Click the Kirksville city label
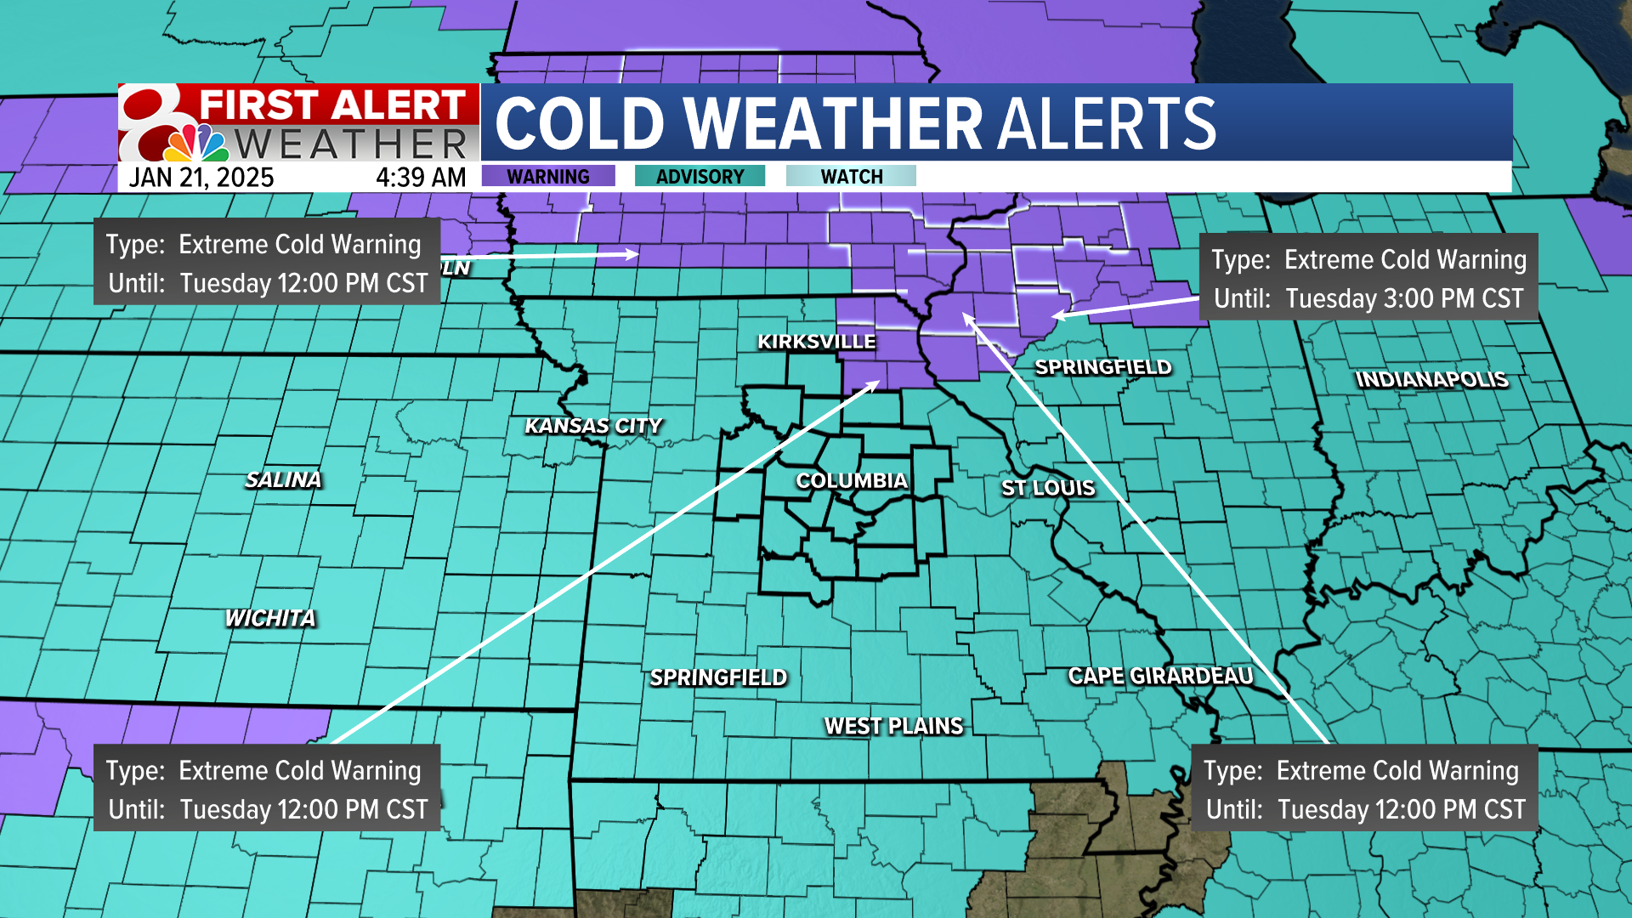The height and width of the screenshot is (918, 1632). pyautogui.click(x=816, y=342)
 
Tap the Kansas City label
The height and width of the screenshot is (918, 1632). pyautogui.click(x=593, y=426)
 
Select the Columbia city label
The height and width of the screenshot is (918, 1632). pyautogui.click(x=852, y=481)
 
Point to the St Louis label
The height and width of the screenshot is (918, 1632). pyautogui.click(x=1048, y=488)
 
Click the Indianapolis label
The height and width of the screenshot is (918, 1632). pyautogui.click(x=1431, y=379)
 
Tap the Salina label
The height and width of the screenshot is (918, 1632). pyautogui.click(x=283, y=480)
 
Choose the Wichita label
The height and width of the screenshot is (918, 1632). pyautogui.click(x=270, y=618)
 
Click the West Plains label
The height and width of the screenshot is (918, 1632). pyautogui.click(x=893, y=726)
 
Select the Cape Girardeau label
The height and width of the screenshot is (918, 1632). pyautogui.click(x=1160, y=676)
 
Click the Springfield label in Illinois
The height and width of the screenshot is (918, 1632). pyautogui.click(x=1102, y=367)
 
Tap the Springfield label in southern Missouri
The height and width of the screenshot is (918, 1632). pyautogui.click(x=718, y=677)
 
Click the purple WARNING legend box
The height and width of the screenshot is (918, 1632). pyautogui.click(x=548, y=176)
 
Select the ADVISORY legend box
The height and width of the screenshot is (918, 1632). pyautogui.click(x=700, y=176)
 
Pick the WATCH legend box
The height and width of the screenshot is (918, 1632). pyautogui.click(x=851, y=176)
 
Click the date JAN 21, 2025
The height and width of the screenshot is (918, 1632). pyautogui.click(x=201, y=178)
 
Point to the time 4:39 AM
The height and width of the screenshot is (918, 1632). pyautogui.click(x=421, y=178)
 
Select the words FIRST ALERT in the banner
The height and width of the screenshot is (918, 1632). pyautogui.click(x=331, y=105)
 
